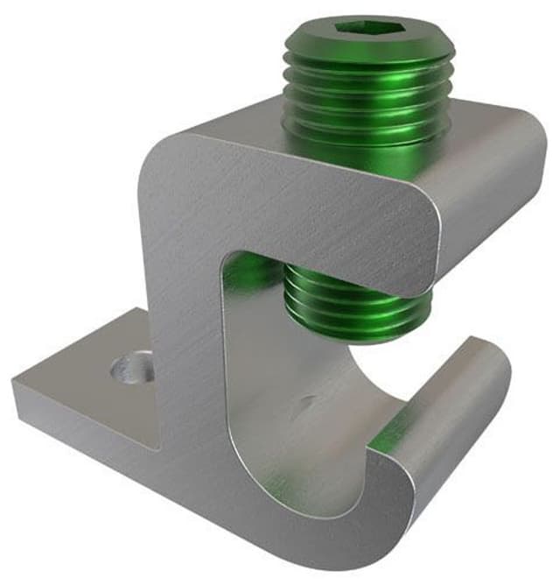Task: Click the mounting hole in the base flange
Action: [x=130, y=365]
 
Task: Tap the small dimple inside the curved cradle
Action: [x=305, y=405]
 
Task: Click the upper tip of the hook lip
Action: [x=477, y=343]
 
